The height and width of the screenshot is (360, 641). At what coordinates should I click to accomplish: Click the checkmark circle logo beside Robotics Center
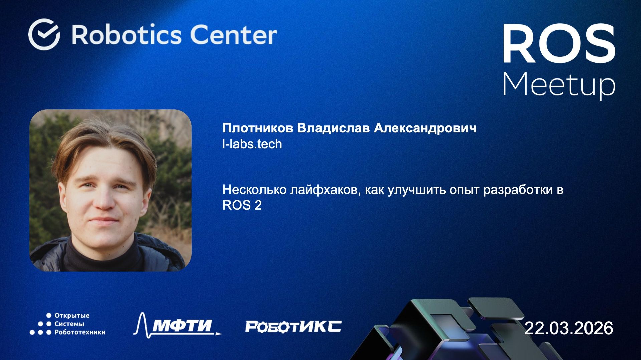click(x=44, y=34)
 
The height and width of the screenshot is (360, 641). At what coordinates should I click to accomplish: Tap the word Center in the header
click(x=233, y=35)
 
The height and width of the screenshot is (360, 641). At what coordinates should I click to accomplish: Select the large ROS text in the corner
click(x=559, y=44)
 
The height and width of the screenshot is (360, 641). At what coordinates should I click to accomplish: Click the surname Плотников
click(x=258, y=128)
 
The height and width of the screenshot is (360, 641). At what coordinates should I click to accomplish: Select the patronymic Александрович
click(x=425, y=128)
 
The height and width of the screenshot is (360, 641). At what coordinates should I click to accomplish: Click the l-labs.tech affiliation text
click(x=252, y=144)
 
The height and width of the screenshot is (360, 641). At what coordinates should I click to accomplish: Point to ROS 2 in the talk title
click(x=242, y=205)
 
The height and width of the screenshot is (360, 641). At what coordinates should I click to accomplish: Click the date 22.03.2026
click(x=569, y=328)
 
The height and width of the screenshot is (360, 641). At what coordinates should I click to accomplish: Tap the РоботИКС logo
click(x=293, y=326)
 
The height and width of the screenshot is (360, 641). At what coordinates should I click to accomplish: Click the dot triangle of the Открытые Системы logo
click(x=41, y=324)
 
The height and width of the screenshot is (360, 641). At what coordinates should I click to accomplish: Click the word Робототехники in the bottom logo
click(x=80, y=332)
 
